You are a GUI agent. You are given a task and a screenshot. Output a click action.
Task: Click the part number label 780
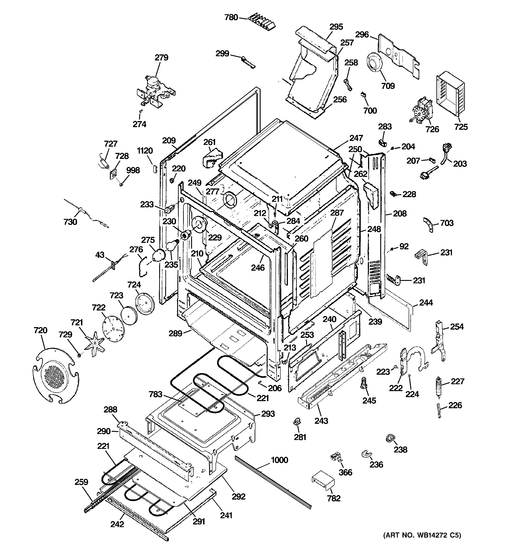click(231, 17)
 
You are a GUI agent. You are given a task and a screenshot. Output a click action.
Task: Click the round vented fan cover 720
click(55, 376)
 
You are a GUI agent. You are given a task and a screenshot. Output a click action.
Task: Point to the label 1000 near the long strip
click(279, 460)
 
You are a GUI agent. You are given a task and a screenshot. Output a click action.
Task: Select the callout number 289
click(176, 333)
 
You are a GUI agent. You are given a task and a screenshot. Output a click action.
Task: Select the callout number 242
click(117, 524)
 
